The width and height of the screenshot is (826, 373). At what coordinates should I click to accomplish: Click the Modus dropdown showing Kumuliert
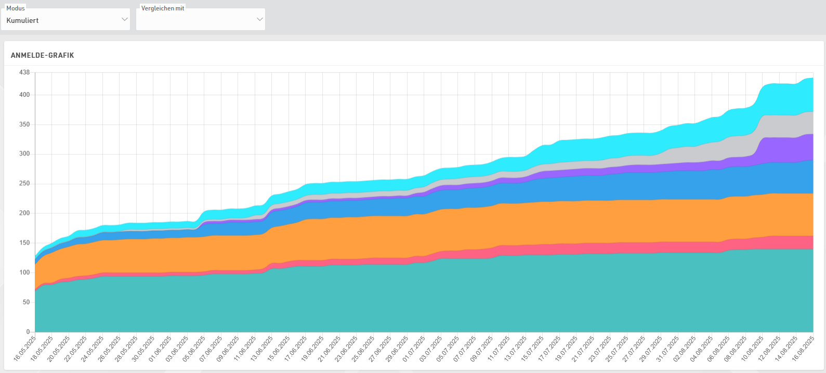click(65, 20)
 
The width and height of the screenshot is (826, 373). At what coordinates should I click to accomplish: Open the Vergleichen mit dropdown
click(201, 20)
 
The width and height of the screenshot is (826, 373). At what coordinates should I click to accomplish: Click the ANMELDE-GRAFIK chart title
click(43, 55)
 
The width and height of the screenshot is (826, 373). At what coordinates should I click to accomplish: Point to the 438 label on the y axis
click(24, 72)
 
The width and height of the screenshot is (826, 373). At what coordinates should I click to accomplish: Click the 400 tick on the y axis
click(24, 95)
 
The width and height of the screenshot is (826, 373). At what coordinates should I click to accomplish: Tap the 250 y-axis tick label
click(24, 184)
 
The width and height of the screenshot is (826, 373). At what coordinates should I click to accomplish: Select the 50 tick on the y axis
click(26, 302)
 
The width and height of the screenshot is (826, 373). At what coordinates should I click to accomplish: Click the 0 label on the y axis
click(28, 332)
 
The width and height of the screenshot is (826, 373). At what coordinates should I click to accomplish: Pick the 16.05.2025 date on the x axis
click(25, 349)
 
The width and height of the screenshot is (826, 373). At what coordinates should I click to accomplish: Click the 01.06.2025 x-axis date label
click(160, 349)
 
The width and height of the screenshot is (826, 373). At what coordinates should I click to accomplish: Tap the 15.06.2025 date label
click(279, 349)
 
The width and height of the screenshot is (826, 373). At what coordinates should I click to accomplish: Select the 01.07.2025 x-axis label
click(414, 349)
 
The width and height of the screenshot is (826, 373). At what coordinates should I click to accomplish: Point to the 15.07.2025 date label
click(532, 349)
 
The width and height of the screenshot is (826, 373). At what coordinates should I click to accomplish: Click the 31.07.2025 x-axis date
click(667, 349)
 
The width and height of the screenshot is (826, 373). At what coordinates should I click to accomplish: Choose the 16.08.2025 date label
click(803, 349)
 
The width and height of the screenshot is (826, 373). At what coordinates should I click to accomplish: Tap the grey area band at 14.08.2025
click(796, 126)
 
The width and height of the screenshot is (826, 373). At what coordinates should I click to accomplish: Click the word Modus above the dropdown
click(16, 8)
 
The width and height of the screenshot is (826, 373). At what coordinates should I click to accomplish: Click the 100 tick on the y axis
click(24, 273)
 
